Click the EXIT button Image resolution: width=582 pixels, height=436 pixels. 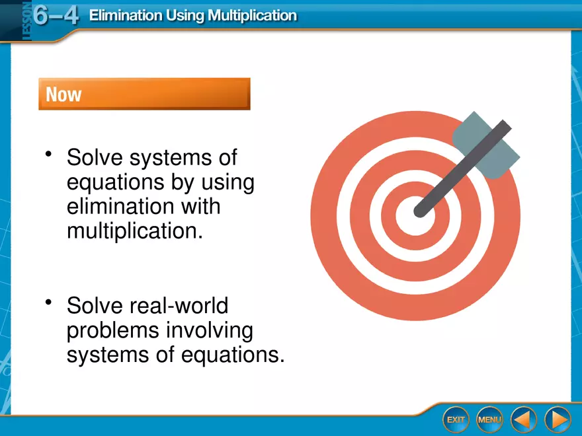456,419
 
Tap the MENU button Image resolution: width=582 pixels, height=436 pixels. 489,419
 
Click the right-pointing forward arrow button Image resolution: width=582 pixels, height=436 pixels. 558,419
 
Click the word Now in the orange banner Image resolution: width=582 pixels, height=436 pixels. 63,94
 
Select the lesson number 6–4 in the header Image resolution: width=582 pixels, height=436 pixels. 56,16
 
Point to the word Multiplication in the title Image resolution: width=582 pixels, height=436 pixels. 252,16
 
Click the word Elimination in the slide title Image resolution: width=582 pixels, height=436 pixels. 126,16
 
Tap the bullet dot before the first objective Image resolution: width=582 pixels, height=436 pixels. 48,153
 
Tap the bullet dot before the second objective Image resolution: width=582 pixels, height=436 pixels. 48,302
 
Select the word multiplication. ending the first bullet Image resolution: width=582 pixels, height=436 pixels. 135,231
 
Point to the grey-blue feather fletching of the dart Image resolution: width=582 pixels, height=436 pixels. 486,145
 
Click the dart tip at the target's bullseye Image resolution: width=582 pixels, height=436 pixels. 419,211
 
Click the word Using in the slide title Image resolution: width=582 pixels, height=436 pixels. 185,17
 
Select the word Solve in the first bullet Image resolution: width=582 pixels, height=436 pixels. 95,157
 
